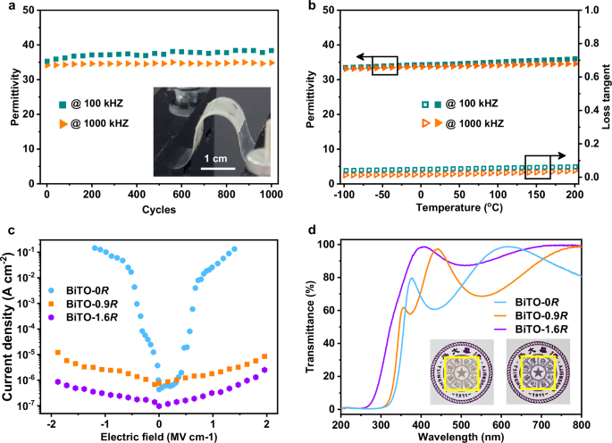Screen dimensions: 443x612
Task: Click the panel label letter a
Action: [6, 6]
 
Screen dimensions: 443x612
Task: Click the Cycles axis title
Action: [157, 210]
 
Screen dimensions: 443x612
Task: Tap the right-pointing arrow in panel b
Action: [565, 154]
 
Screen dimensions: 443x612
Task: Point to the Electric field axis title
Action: [158, 435]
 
